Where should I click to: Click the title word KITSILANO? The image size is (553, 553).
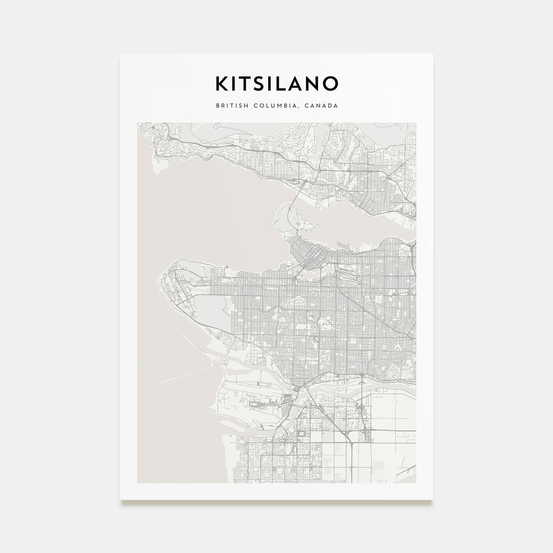click(276, 83)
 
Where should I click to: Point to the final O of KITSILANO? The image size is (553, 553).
click(331, 83)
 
